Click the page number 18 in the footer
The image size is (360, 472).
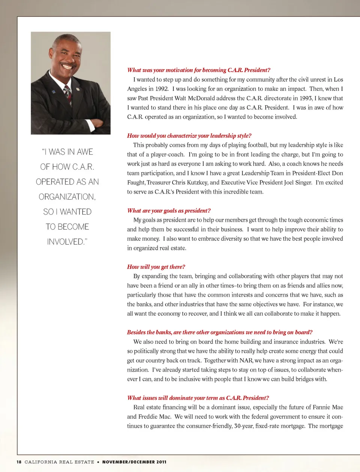[19, 462]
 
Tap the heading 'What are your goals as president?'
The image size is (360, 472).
[169, 211]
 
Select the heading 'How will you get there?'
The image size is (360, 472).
[156, 267]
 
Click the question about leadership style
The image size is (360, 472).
[189, 136]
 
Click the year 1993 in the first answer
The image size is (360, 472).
[306, 98]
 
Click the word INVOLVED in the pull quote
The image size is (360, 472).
[66, 242]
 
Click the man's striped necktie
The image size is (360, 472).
[68, 94]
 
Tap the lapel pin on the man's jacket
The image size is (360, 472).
[78, 89]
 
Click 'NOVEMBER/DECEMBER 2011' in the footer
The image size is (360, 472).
[134, 462]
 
